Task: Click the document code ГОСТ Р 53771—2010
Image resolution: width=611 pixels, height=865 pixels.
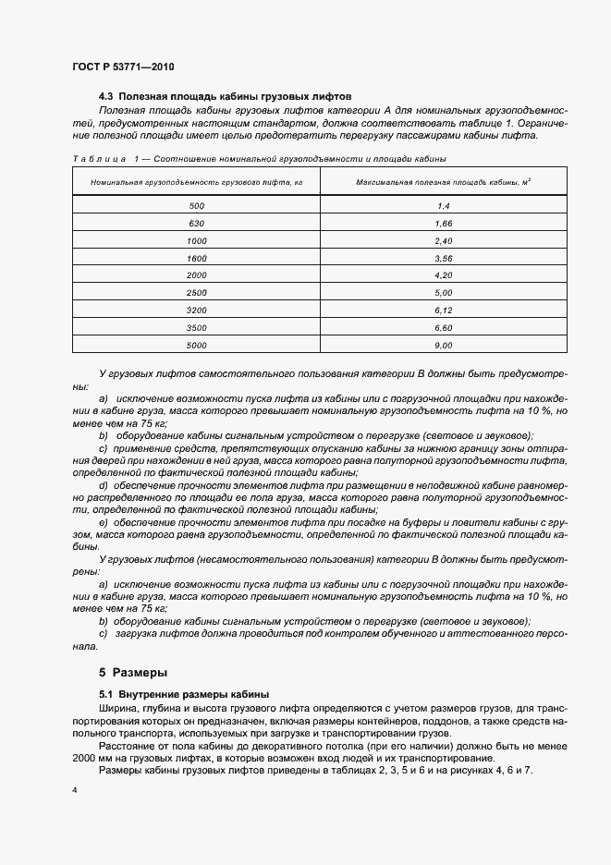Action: coord(123,67)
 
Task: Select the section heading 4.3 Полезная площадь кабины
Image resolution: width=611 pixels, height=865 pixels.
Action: coord(226,96)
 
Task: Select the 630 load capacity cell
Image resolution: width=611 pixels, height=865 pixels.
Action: coord(197,225)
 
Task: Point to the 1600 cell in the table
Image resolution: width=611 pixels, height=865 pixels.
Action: coord(197,258)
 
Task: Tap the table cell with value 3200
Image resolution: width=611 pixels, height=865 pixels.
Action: coord(197,311)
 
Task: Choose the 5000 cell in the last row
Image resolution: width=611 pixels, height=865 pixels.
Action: coord(197,345)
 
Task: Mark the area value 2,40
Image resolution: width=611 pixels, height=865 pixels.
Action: coord(443,241)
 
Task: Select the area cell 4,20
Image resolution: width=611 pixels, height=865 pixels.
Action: coord(443,275)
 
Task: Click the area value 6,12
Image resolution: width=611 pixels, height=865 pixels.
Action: coord(443,311)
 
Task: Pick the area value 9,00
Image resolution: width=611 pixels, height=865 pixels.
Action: coord(443,345)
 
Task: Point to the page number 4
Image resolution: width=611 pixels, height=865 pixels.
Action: coord(75,791)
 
